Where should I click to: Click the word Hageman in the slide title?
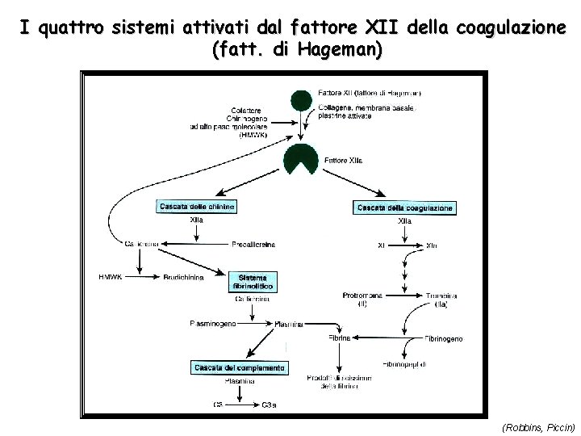tap(336, 49)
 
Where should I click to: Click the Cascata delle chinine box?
tap(197, 207)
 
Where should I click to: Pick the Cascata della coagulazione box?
tap(404, 208)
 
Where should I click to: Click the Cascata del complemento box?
tap(239, 368)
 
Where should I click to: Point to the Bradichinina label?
tap(184, 277)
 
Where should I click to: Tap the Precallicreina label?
tap(253, 244)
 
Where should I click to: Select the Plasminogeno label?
tap(214, 324)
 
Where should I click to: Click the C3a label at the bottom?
tap(270, 405)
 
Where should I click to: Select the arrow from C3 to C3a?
tap(241, 405)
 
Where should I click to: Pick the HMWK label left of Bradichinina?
tap(111, 277)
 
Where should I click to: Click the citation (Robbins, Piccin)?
tap(538, 426)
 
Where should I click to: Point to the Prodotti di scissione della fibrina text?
tap(329, 382)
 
